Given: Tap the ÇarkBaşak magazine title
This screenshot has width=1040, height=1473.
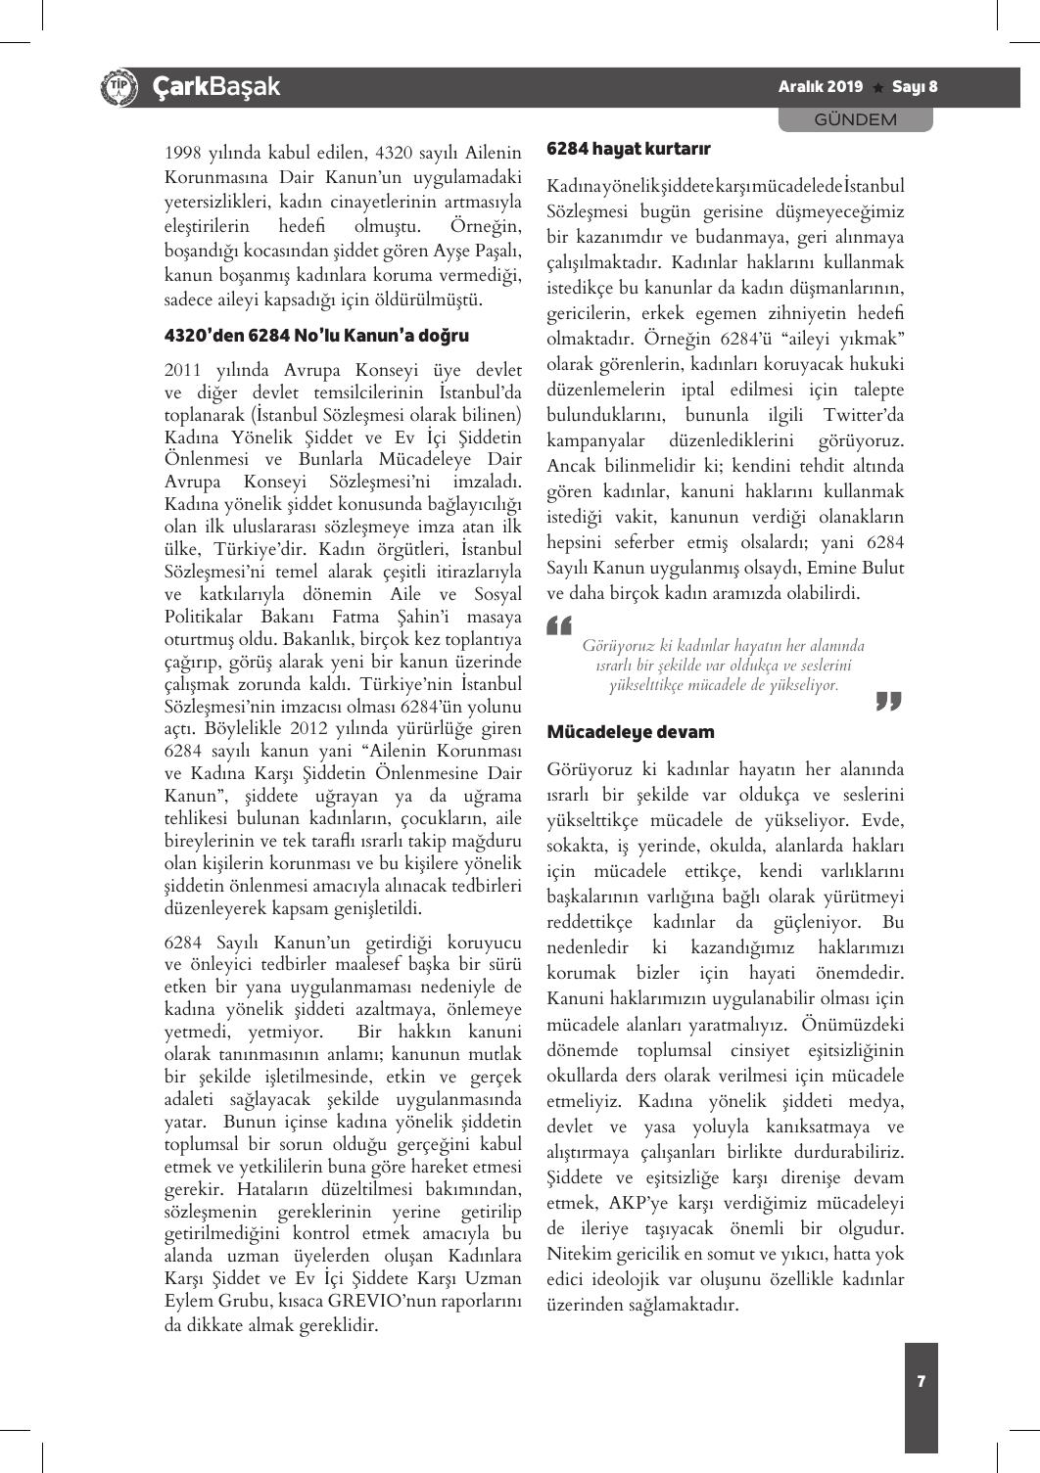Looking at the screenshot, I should click(x=216, y=87).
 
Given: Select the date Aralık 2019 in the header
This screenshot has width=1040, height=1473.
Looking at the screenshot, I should click(x=821, y=87).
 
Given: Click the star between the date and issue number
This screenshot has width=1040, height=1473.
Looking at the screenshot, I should click(x=877, y=88).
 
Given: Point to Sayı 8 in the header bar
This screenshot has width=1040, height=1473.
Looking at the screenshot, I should click(x=914, y=87).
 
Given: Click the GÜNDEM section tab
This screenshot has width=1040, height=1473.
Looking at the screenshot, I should click(x=856, y=119).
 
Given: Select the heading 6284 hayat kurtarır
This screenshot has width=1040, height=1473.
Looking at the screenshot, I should click(x=628, y=149).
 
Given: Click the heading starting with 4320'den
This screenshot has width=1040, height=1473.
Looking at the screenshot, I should click(x=316, y=336).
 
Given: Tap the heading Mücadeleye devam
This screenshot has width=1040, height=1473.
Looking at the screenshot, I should click(x=630, y=732).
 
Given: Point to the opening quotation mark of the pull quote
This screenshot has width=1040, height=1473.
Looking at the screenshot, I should click(x=559, y=623).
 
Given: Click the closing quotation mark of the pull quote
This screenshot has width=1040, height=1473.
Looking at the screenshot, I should click(x=887, y=701).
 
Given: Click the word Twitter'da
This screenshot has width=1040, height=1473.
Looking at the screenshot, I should click(x=863, y=415).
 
